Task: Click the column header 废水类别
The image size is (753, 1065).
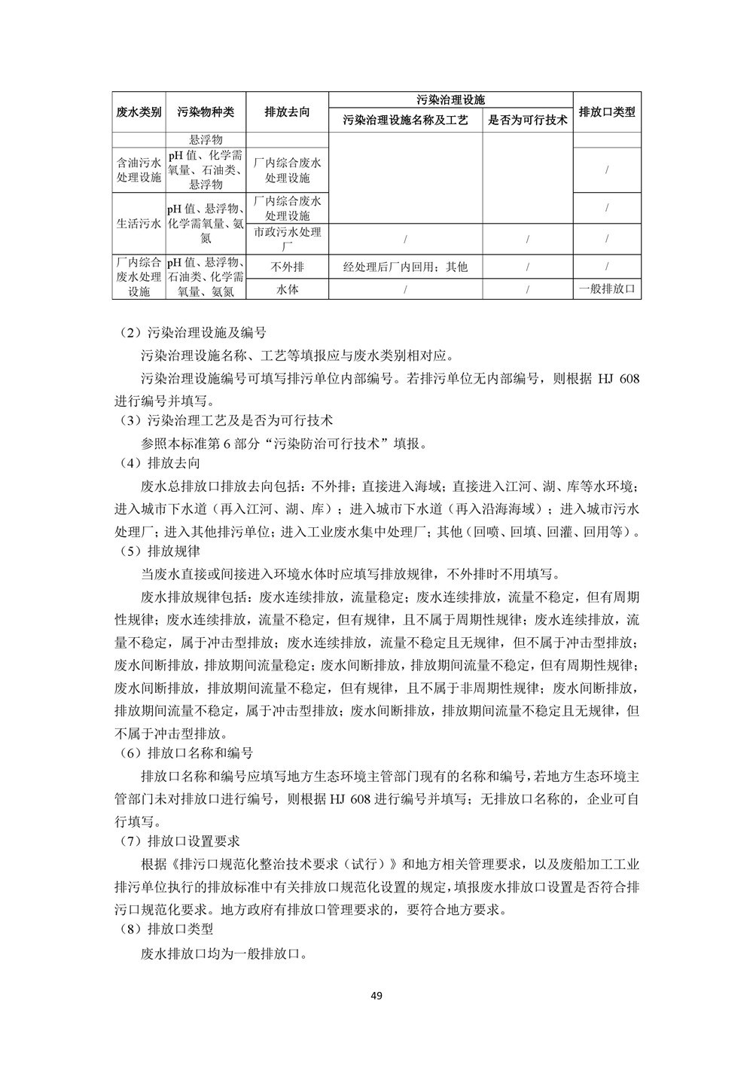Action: pyautogui.click(x=139, y=111)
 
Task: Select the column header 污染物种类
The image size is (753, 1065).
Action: pyautogui.click(x=206, y=111)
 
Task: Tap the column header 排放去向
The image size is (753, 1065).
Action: pyautogui.click(x=287, y=111)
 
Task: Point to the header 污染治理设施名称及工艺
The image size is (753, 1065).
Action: pyautogui.click(x=405, y=120)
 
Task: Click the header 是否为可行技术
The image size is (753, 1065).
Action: pyautogui.click(x=527, y=120)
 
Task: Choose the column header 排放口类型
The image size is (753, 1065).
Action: pyautogui.click(x=607, y=111)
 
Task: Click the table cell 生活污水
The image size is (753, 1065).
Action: pyautogui.click(x=139, y=223)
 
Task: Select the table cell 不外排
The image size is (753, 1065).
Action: pyautogui.click(x=287, y=266)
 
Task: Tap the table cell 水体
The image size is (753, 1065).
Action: pyautogui.click(x=287, y=288)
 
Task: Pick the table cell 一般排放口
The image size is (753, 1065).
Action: pyautogui.click(x=607, y=288)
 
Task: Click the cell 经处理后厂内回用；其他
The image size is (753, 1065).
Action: pyautogui.click(x=405, y=267)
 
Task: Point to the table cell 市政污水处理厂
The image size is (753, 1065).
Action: pyautogui.click(x=287, y=238)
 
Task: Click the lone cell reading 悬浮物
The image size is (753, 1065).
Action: pyautogui.click(x=206, y=139)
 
